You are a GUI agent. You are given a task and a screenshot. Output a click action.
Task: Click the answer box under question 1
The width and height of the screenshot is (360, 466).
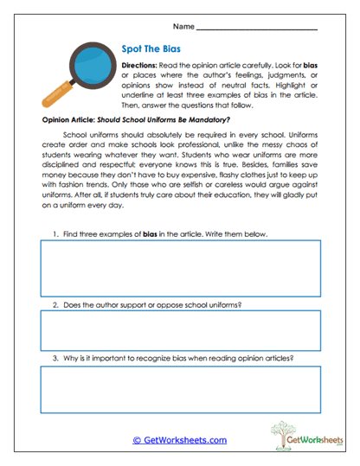click(180, 266)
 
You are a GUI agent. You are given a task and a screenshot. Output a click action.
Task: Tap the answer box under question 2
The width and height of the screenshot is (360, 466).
click(180, 330)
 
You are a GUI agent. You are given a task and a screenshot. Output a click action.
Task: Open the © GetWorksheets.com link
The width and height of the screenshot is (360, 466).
click(180, 439)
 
